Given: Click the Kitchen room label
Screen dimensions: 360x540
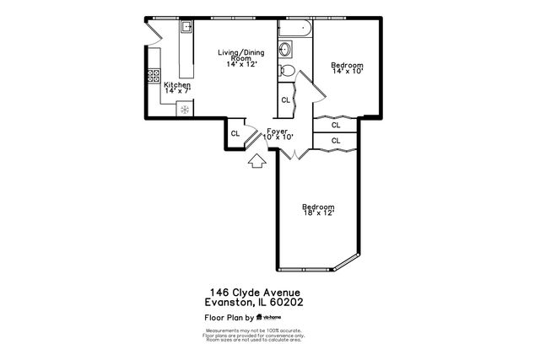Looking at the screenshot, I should coord(177,85).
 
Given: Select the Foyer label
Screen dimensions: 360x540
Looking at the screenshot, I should coord(278,131).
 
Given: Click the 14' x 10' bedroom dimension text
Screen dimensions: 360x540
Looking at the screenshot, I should coord(347,73).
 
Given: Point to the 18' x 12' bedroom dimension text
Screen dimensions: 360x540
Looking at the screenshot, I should coord(318,213).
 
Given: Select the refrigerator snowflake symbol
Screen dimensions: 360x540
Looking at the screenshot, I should coord(184,110).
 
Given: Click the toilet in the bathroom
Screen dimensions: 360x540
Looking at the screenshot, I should coord(288,71).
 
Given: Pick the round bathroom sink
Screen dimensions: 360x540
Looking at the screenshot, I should coord(286,51).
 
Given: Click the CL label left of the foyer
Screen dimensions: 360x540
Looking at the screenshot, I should coord(235,132).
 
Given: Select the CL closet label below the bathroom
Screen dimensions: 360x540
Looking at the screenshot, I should coord(286,99).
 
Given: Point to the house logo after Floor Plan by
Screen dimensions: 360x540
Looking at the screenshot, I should coord(260,318).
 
